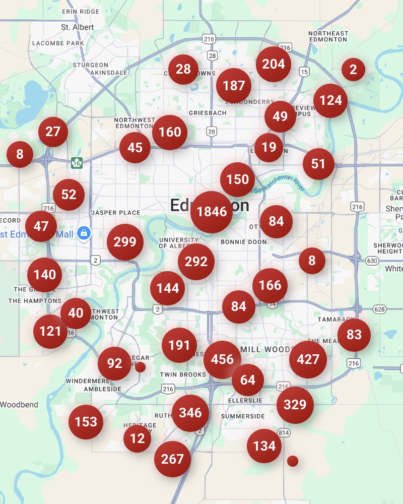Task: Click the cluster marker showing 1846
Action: (212, 212)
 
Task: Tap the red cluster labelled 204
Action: (274, 64)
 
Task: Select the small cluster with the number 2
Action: (353, 70)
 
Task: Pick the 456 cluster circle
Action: (222, 359)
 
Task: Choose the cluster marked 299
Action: (125, 242)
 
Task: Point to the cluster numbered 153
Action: (86, 421)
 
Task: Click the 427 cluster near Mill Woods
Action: (308, 359)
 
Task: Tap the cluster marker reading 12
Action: (137, 438)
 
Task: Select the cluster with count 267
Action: (172, 459)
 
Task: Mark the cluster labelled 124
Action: (330, 100)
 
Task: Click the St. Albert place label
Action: (74, 27)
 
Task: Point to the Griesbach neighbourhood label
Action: (208, 113)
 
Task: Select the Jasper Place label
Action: (116, 213)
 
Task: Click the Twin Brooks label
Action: (183, 374)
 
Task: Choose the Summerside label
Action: (243, 416)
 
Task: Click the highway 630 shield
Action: (372, 261)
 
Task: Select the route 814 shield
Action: (284, 432)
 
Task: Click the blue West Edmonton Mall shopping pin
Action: (84, 233)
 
